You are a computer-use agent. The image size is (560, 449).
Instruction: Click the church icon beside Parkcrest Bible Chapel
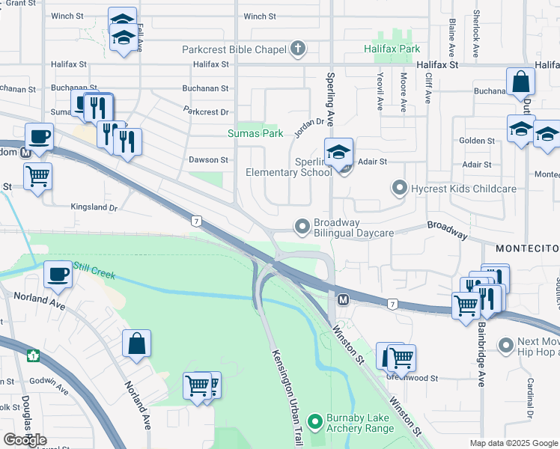click(x=298, y=50)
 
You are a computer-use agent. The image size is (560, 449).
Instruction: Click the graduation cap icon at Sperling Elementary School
click(x=338, y=152)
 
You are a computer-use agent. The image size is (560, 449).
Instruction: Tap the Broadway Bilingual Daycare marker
click(x=302, y=225)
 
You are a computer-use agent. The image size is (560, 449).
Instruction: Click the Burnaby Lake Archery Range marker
click(x=315, y=423)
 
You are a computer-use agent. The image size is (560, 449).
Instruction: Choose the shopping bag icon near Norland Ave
click(x=138, y=344)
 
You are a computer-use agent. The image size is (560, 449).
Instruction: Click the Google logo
click(x=25, y=440)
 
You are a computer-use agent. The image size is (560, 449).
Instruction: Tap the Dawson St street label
click(x=208, y=160)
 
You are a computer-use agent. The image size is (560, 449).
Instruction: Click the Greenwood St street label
click(x=414, y=379)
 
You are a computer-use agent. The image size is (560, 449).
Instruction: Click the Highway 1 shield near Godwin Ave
click(x=32, y=355)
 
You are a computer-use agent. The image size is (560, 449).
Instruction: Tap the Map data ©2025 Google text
click(x=513, y=443)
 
